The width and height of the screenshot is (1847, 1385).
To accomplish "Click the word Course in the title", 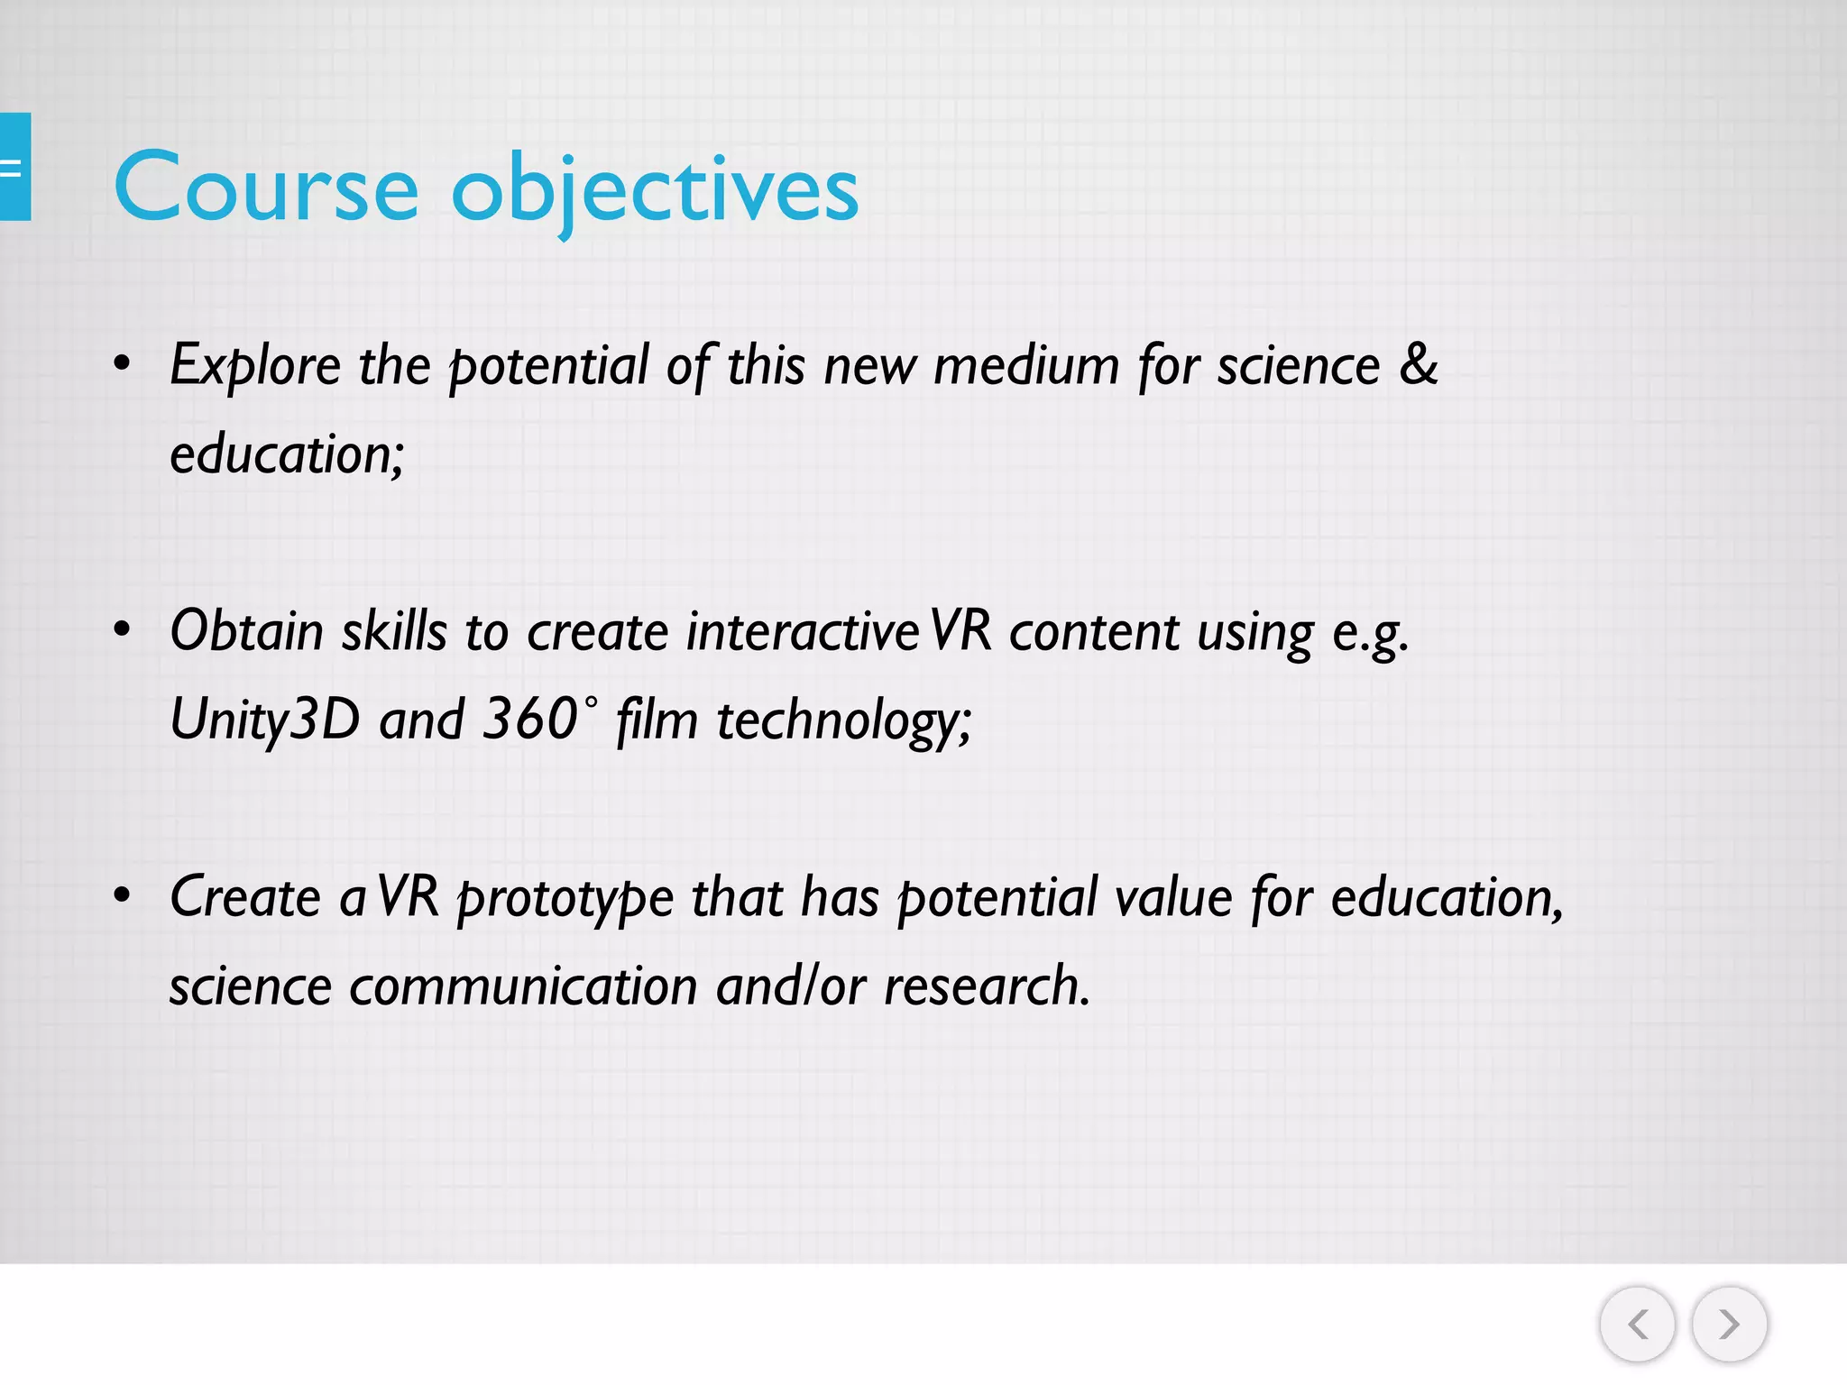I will (x=266, y=188).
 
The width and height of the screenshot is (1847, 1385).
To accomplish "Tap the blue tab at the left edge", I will (x=14, y=167).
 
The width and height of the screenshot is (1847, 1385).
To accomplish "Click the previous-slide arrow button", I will (x=1637, y=1324).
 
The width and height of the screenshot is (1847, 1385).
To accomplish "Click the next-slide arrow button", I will (x=1729, y=1324).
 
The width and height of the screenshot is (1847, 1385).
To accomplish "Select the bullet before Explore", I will (x=123, y=364).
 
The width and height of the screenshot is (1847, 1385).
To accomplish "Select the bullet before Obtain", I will (x=123, y=630).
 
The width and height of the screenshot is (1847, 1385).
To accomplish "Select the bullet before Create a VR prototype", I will (x=123, y=896).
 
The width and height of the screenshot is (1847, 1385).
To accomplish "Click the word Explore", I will (x=255, y=366).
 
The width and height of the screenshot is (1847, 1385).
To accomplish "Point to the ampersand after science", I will (x=1419, y=364).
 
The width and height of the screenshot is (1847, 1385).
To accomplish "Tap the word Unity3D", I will (x=264, y=720).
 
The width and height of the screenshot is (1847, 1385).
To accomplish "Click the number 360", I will (x=529, y=719).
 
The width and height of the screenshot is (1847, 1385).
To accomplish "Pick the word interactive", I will (x=803, y=630).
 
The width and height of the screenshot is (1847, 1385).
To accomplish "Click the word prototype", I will (x=565, y=899).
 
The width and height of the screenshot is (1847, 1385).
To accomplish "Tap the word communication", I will (x=523, y=986).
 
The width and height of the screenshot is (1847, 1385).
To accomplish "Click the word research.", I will (x=987, y=986).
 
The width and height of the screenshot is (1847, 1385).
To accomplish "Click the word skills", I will (x=394, y=630).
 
